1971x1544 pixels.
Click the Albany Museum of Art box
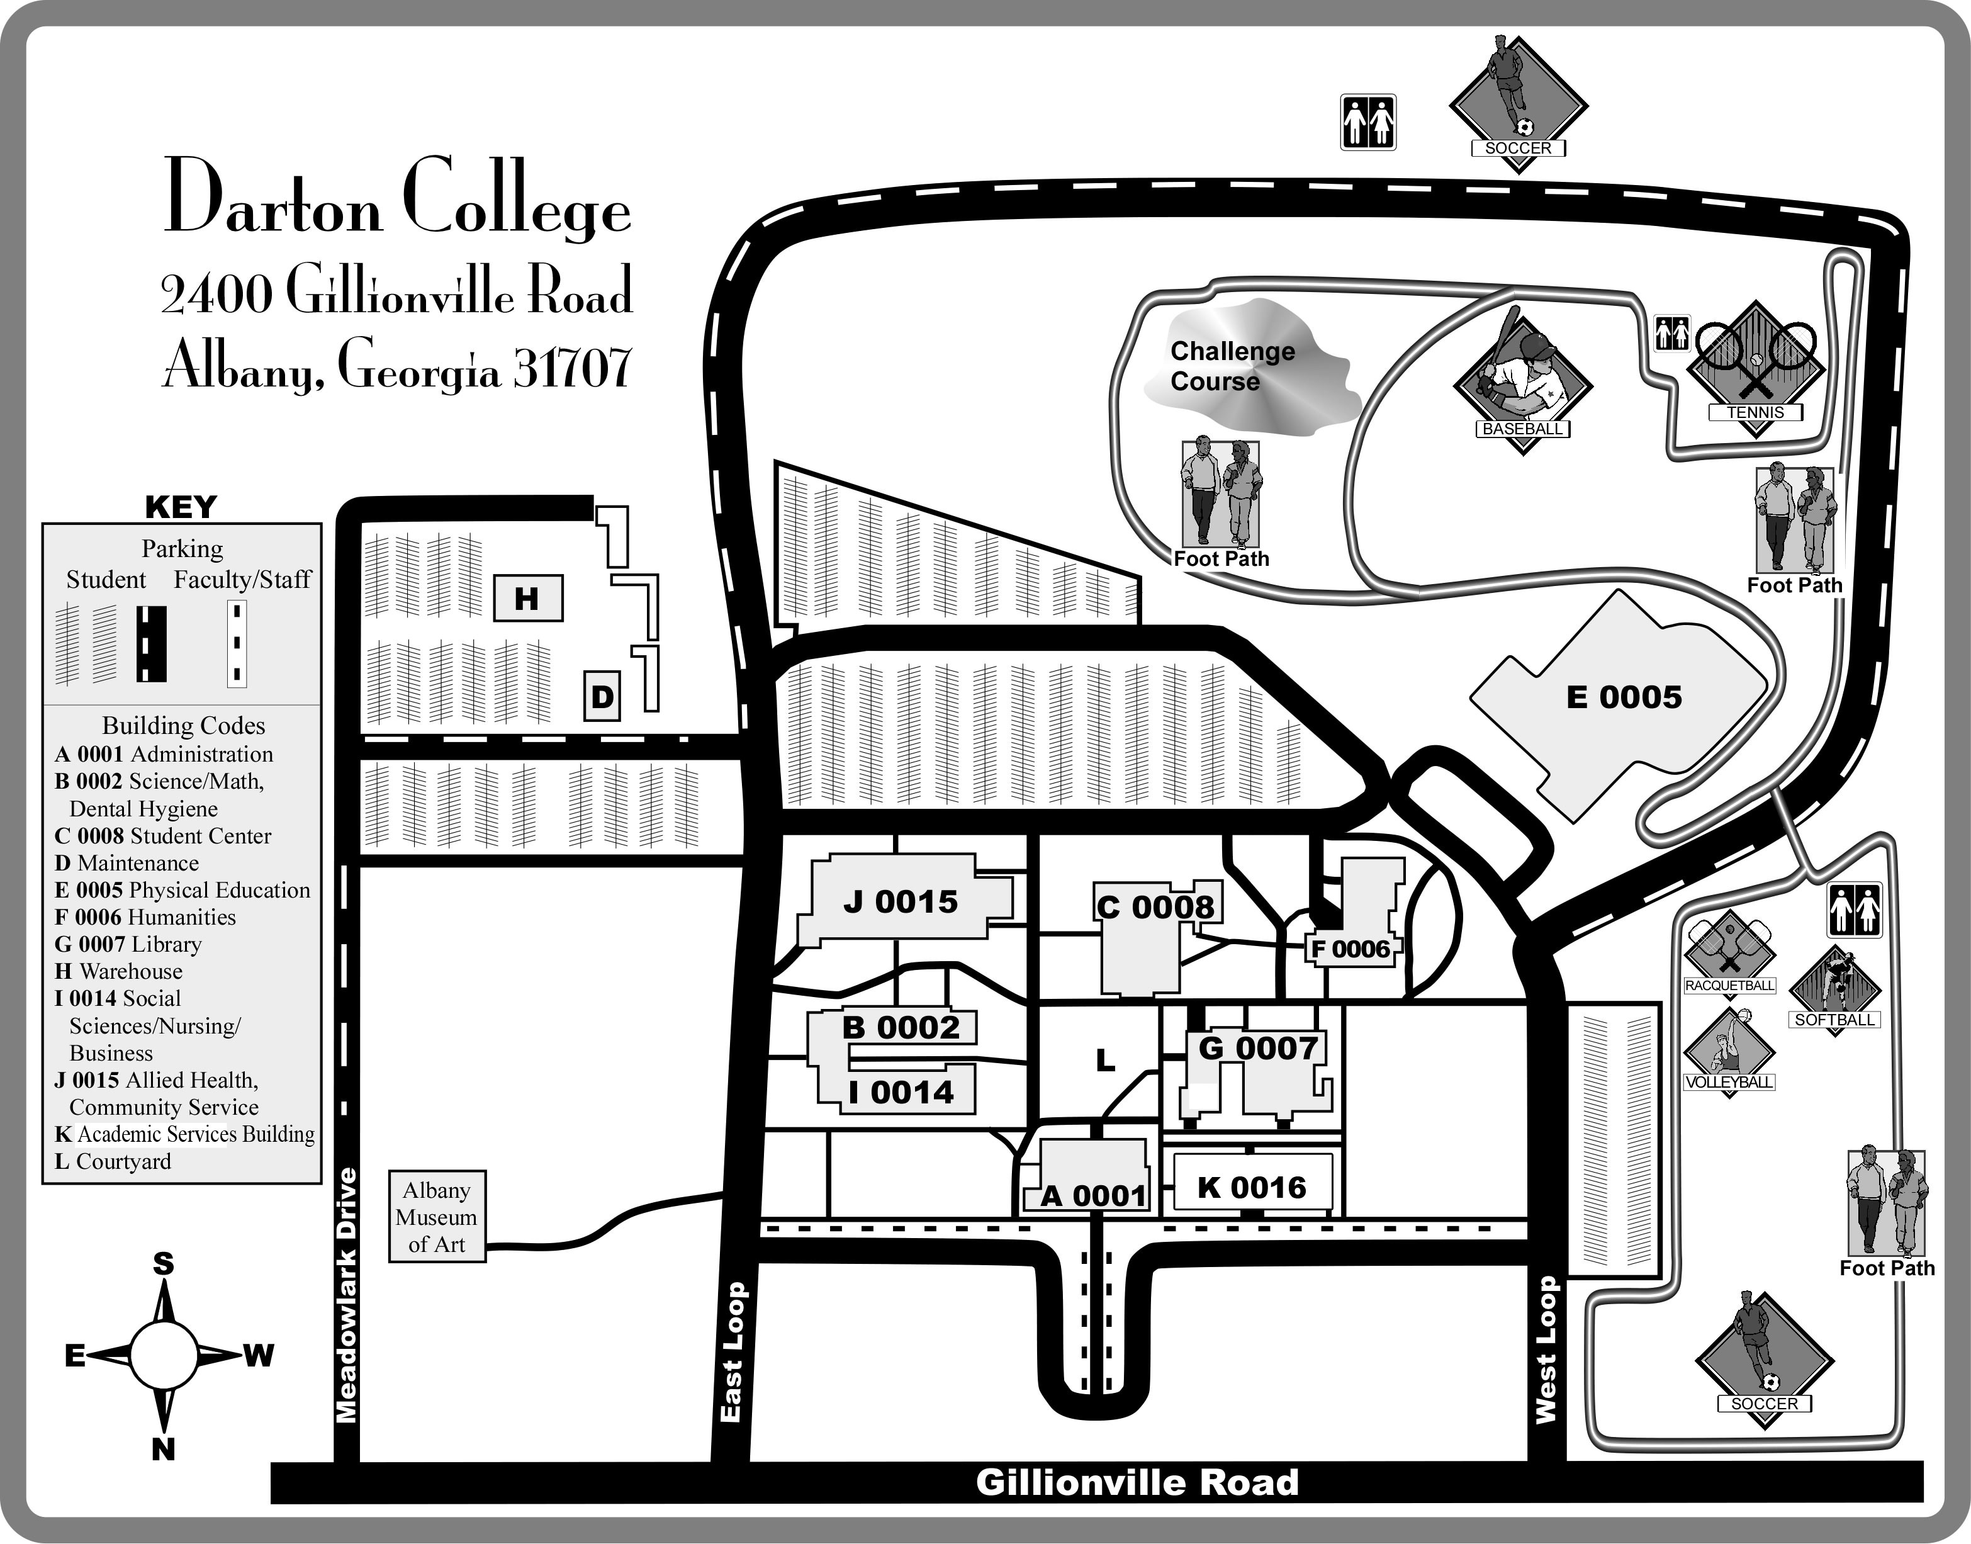click(x=437, y=1217)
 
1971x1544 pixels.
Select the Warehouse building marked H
click(x=528, y=599)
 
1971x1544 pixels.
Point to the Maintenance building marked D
click(x=602, y=696)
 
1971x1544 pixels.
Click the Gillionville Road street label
click(x=1137, y=1482)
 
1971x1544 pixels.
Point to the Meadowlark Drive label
click(x=347, y=1295)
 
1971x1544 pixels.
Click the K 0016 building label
click(x=1252, y=1187)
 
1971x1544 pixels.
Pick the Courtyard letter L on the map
click(x=1104, y=1061)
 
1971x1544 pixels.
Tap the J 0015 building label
click(x=900, y=901)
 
